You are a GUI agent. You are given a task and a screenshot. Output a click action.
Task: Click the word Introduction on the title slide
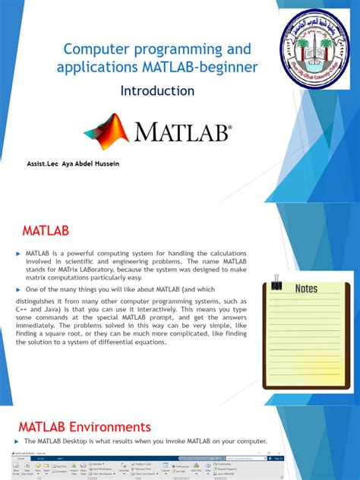tap(157, 91)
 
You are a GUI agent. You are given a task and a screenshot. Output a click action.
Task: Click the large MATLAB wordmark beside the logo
tap(182, 134)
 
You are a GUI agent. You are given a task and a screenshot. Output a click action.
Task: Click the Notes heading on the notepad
tap(306, 289)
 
